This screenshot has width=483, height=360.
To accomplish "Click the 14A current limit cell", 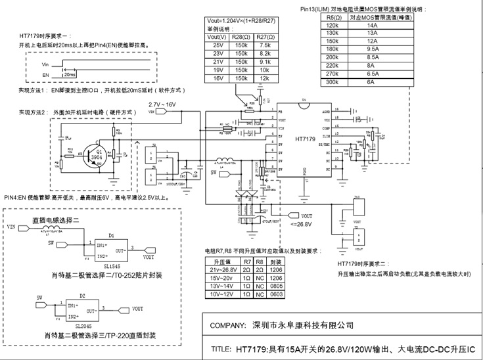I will pos(372,24).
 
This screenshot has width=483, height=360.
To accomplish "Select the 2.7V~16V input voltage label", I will pos(162,105).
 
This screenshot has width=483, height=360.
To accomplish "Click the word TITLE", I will pos(219,349).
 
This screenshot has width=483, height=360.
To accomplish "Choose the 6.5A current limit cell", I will pos(372,74).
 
